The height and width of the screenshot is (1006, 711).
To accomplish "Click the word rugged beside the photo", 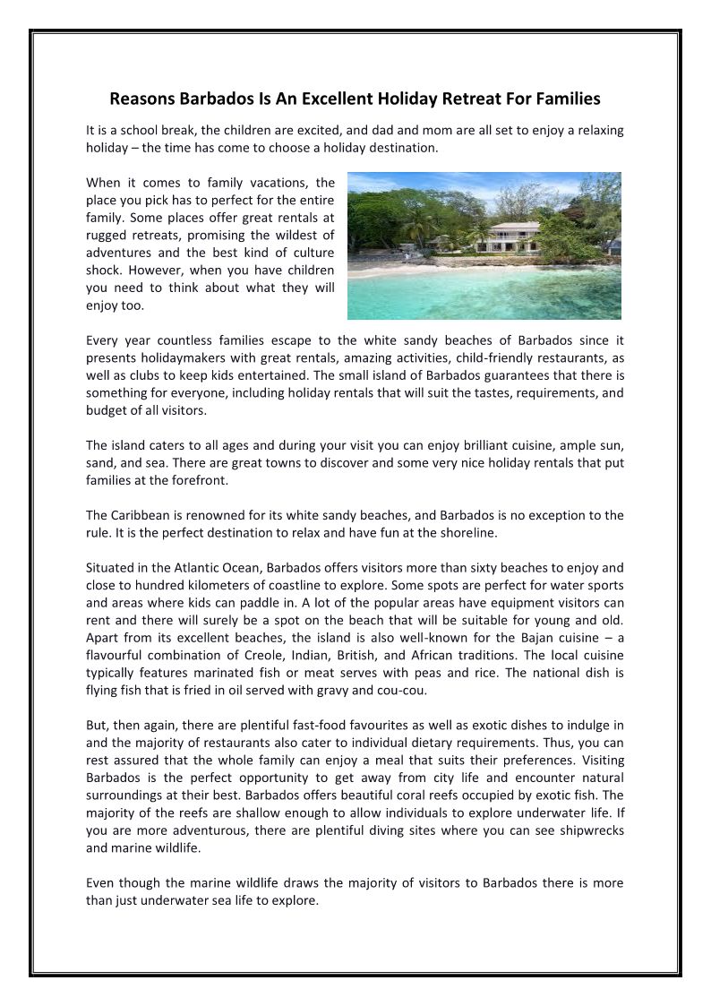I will [109, 236].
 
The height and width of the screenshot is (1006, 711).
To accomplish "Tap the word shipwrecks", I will [589, 830].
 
